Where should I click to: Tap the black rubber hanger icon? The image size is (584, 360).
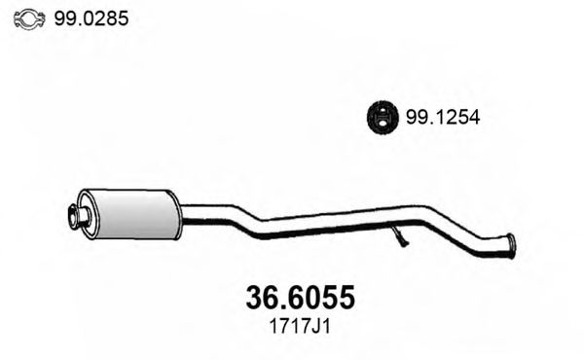tap(383, 118)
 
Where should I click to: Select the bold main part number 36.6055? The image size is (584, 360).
tap(292, 293)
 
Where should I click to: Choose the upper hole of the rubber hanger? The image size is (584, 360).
tap(383, 111)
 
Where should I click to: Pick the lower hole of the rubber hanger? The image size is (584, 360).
tap(383, 124)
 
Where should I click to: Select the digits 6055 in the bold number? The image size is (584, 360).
tap(317, 293)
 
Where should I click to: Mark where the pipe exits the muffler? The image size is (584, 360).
tap(182, 207)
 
